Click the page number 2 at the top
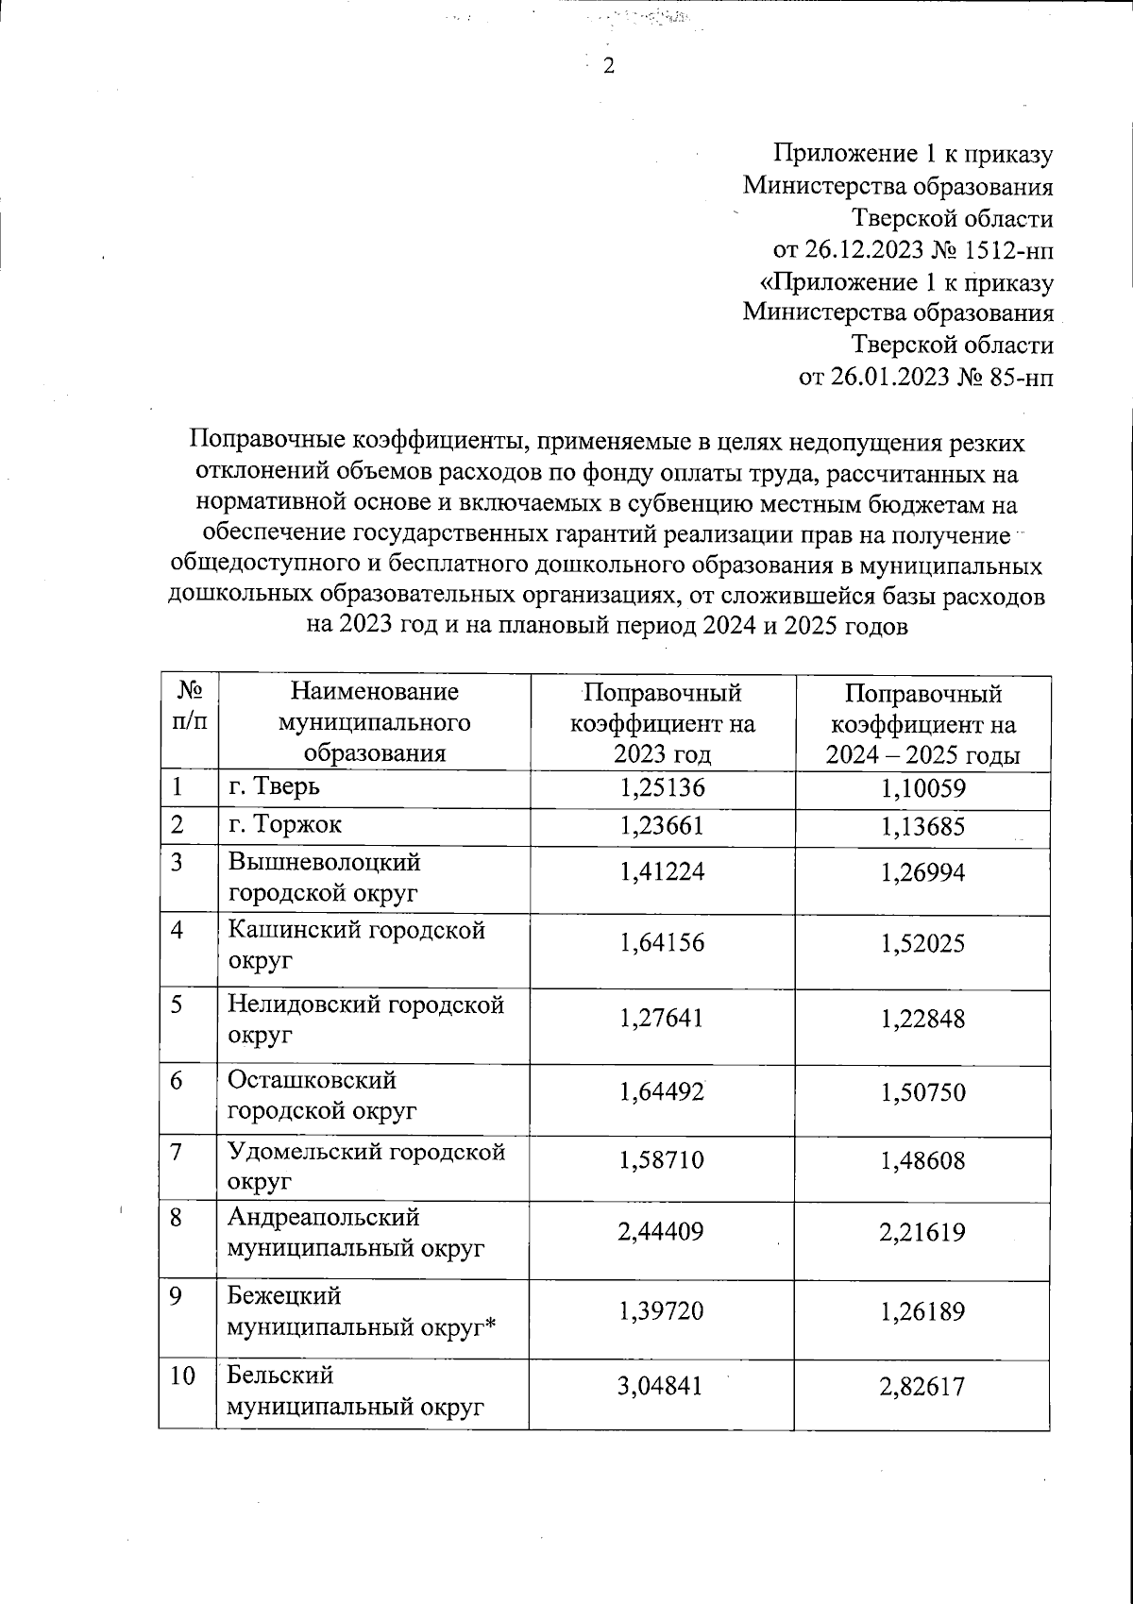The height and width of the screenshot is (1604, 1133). tap(607, 67)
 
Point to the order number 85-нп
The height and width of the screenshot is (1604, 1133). tap(1021, 379)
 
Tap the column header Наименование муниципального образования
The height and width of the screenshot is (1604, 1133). tap(373, 723)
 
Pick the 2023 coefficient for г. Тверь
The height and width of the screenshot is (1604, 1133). tap(662, 788)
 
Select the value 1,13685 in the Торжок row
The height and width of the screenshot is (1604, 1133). tap(922, 828)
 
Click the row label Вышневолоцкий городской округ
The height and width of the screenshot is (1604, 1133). tap(325, 877)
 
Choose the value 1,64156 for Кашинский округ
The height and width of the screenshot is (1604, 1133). tap(662, 943)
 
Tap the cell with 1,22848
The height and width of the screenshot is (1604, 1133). tap(922, 1020)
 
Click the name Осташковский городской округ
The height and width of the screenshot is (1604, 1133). tap(321, 1095)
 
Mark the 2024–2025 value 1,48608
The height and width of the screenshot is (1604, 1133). tap(922, 1161)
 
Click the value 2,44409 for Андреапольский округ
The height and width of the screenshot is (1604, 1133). tap(662, 1232)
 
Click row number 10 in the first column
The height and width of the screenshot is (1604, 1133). tap(183, 1376)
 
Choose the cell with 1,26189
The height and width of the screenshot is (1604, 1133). tap(922, 1311)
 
